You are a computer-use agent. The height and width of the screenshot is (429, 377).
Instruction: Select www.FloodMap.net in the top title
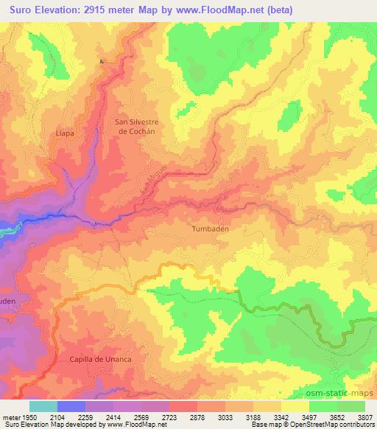click(220, 10)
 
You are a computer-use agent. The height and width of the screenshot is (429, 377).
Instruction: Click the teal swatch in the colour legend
click(43, 406)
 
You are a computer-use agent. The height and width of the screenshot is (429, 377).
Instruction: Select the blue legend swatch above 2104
click(71, 406)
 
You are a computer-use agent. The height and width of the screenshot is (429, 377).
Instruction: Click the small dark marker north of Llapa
click(102, 61)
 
